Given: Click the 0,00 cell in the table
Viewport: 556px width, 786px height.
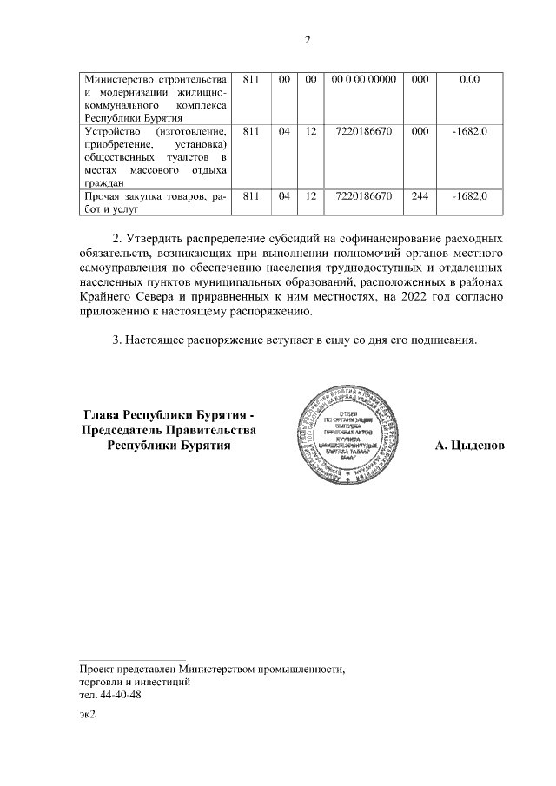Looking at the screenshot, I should [469, 79].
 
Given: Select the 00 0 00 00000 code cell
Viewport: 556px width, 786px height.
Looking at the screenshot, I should [364, 79].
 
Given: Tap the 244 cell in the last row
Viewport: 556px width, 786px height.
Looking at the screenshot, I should [420, 196].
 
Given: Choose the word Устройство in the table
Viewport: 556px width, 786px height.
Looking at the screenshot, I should [109, 131].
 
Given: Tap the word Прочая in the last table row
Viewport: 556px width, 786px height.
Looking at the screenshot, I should [103, 196].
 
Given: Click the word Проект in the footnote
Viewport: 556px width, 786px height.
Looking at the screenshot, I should [96, 670].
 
